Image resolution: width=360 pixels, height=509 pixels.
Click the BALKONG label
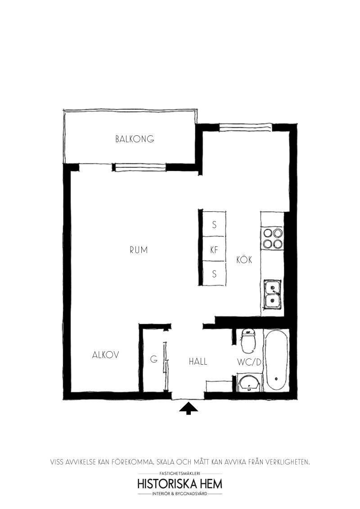point(135,139)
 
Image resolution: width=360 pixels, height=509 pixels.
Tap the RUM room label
point(139,250)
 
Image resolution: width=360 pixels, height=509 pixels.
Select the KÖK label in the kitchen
point(244,259)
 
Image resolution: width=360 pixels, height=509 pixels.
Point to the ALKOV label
point(106,355)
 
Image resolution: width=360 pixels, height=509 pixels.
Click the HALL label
point(198,362)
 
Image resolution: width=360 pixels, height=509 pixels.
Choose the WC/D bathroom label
point(249,362)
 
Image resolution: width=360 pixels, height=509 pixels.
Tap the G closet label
point(154,359)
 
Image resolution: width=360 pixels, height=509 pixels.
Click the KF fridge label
point(214,250)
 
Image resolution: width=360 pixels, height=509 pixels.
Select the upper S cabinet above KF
point(214,224)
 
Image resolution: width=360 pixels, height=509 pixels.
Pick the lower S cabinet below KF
point(214,274)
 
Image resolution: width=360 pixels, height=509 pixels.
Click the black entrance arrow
point(189,408)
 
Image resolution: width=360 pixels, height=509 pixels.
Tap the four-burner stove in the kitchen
point(272,239)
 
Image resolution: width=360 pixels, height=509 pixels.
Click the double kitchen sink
point(273,294)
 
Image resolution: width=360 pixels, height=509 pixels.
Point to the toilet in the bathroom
point(248,340)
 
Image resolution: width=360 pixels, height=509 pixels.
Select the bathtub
point(276,360)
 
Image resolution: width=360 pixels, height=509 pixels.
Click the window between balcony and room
point(139,167)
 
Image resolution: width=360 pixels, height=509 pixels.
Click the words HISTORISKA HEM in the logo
point(180,484)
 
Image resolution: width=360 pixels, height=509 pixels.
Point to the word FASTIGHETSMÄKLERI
point(180,473)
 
